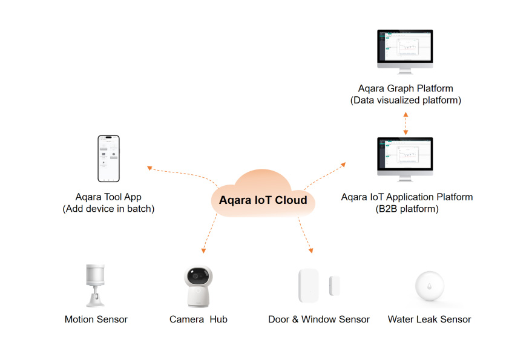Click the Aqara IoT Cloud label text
[x=263, y=200]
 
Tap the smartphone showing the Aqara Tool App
[x=109, y=158]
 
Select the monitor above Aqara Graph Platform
[x=405, y=51]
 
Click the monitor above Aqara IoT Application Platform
[x=405, y=159]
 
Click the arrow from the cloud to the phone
[x=181, y=172]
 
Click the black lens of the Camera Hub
[x=198, y=277]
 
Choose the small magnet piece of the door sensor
[x=335, y=286]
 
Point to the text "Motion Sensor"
[x=96, y=319]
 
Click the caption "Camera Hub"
[x=198, y=319]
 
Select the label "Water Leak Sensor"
[x=429, y=319]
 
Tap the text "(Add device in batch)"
[x=108, y=209]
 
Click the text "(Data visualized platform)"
[x=406, y=100]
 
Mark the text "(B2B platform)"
[x=407, y=209]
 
